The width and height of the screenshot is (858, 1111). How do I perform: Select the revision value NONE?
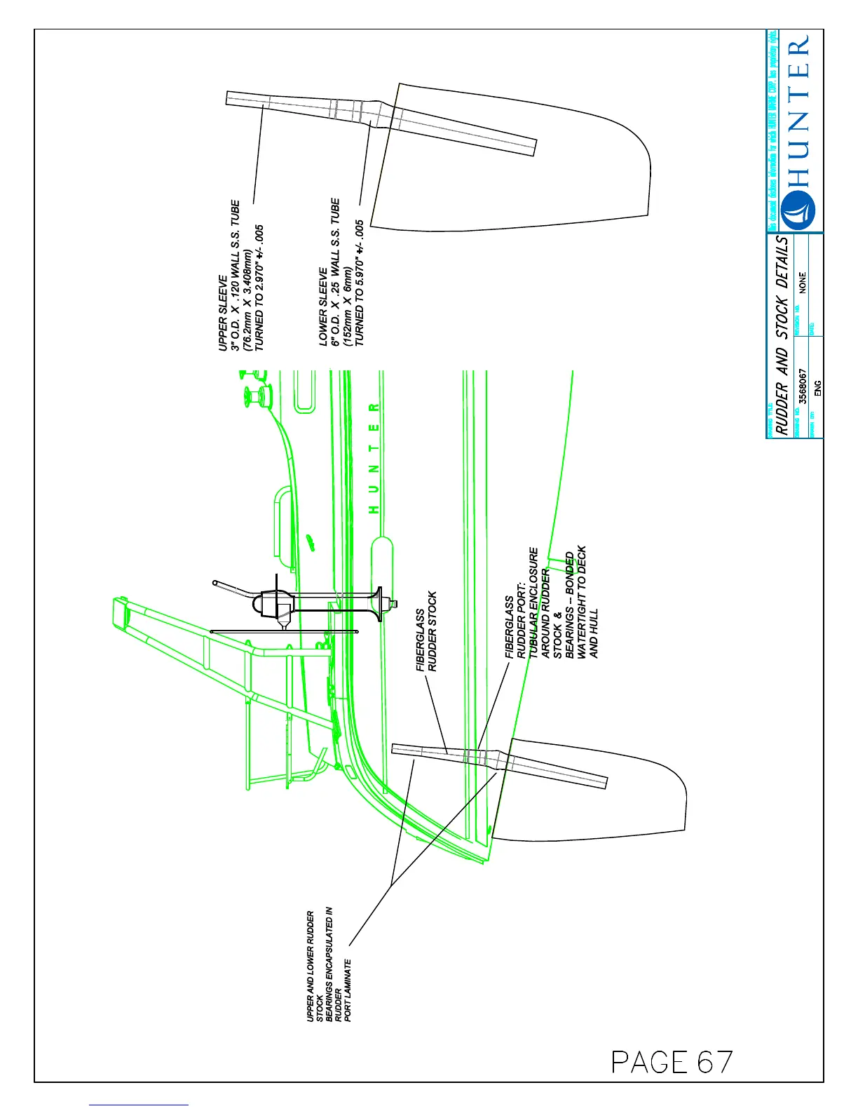pyautogui.click(x=803, y=282)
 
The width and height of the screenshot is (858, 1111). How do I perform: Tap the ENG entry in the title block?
pyautogui.click(x=817, y=389)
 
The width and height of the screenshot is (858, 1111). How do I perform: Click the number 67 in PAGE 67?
pyautogui.click(x=715, y=1063)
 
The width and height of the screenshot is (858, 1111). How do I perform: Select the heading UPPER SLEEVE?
pyautogui.click(x=223, y=313)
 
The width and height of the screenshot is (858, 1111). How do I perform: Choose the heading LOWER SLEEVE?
pyautogui.click(x=323, y=306)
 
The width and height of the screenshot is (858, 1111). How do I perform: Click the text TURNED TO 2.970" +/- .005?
pyautogui.click(x=259, y=288)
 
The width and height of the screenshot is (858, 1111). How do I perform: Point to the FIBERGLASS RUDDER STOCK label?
pyautogui.click(x=427, y=631)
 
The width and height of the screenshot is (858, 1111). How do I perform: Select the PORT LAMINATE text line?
pyautogui.click(x=348, y=989)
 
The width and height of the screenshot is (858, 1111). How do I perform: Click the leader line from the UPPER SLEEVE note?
pyautogui.click(x=258, y=154)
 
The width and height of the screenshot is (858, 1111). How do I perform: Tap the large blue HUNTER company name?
pyautogui.click(x=798, y=112)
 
